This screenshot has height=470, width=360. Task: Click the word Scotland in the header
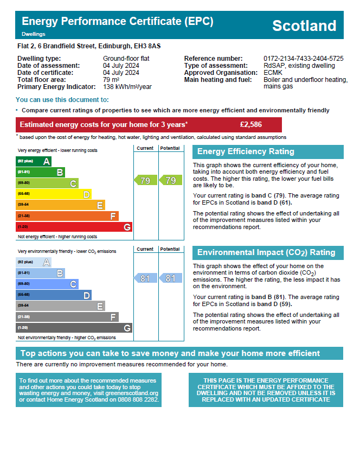click(304, 26)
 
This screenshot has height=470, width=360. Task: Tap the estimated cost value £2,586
click(250, 125)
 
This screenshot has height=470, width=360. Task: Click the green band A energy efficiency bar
click(34, 161)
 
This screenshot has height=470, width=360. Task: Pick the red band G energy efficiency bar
click(74, 227)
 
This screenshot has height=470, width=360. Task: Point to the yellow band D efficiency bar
click(53, 194)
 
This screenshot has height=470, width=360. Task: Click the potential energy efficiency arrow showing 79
click(170, 180)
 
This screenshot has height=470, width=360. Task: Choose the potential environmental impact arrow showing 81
click(170, 278)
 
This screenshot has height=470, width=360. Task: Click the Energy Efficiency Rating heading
click(246, 152)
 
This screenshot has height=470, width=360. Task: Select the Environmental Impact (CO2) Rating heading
click(266, 253)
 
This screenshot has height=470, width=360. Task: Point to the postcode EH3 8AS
click(148, 47)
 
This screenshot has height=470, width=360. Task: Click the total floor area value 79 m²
click(111, 80)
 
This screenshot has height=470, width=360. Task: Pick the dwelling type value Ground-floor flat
click(126, 59)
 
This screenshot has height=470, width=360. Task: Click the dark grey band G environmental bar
click(74, 328)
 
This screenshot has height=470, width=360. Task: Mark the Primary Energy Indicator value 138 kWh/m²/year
click(127, 87)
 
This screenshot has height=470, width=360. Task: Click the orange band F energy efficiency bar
click(67, 216)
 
